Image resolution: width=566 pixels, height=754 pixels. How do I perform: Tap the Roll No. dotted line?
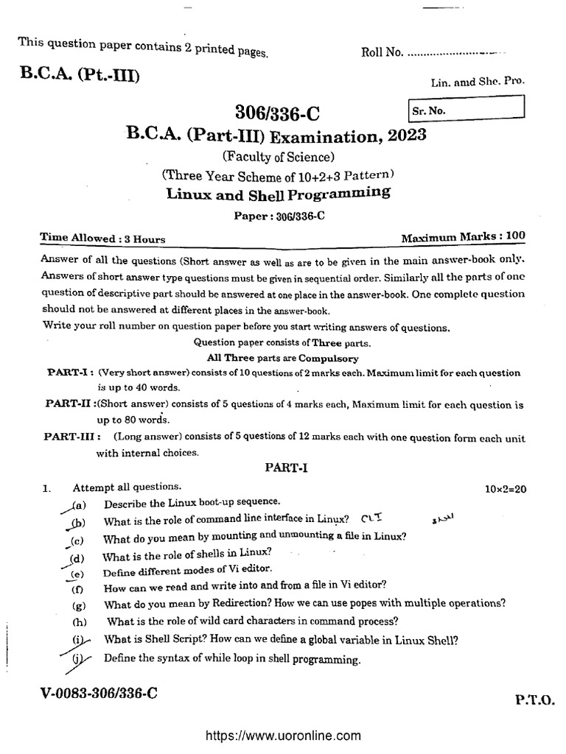[x=457, y=53]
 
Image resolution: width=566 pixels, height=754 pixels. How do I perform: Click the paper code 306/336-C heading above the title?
[x=278, y=113]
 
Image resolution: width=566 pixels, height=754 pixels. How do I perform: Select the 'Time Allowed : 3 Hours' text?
[x=102, y=239]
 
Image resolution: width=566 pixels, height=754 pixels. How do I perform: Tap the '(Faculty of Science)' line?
[x=278, y=156]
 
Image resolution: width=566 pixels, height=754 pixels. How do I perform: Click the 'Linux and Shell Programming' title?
[x=278, y=194]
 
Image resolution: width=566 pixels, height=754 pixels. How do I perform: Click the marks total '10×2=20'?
[x=510, y=488]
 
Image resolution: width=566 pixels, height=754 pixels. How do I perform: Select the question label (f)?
[x=77, y=588]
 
